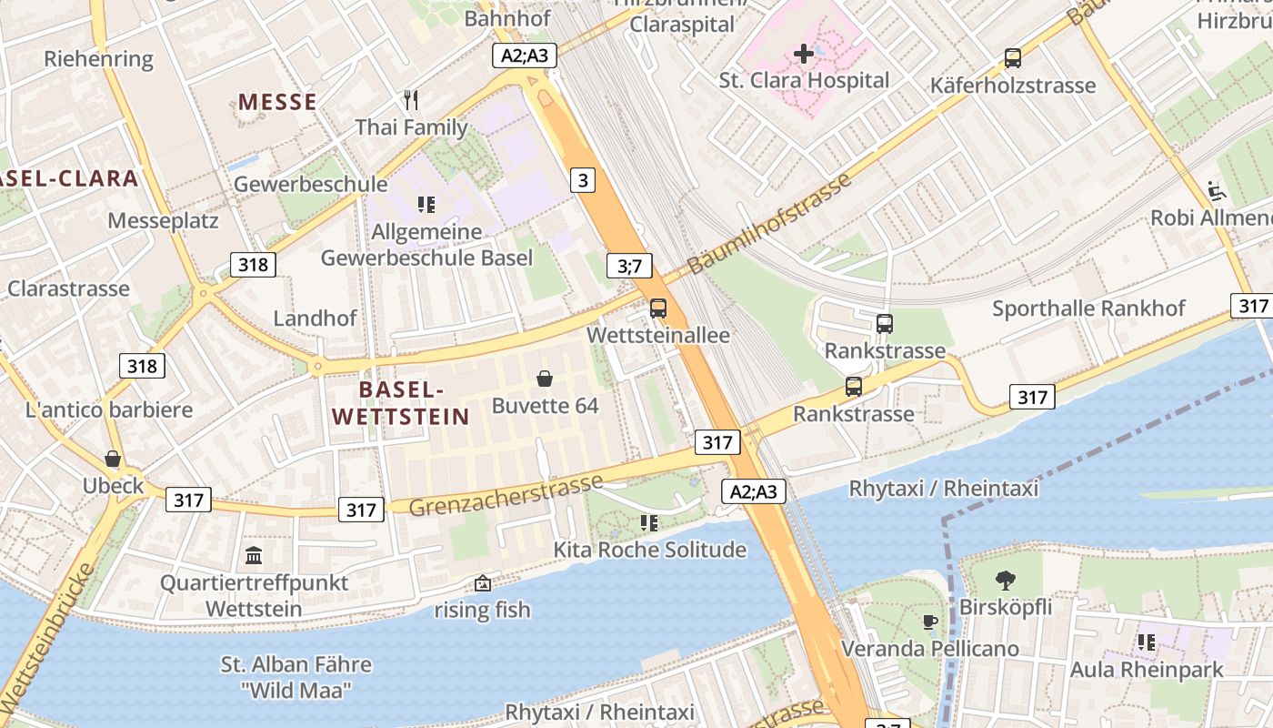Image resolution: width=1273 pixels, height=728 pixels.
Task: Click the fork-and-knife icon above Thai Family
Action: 411,100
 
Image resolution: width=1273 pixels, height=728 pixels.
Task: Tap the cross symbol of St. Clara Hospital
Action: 804,54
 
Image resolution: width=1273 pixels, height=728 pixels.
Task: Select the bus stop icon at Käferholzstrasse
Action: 1013,58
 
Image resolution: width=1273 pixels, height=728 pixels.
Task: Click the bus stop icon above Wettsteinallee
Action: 657,308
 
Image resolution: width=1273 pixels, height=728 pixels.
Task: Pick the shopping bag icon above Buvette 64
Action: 545,378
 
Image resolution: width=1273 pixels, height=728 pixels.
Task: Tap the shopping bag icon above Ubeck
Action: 113,458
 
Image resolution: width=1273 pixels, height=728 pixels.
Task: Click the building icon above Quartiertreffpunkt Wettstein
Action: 254,555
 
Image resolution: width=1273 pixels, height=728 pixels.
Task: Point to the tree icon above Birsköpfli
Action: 1005,580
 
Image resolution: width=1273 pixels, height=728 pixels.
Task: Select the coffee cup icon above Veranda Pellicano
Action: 929,622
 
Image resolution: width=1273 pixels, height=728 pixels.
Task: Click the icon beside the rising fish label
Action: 483,583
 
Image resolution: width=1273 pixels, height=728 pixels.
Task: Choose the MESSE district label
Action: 277,102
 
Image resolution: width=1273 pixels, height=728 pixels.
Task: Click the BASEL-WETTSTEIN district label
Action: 401,403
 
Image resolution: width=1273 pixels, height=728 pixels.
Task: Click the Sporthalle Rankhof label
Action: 1088,308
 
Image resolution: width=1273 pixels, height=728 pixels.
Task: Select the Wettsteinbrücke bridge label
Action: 48,637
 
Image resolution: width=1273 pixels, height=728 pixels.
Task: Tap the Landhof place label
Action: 316,318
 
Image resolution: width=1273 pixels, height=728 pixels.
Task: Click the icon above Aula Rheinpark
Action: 1147,642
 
